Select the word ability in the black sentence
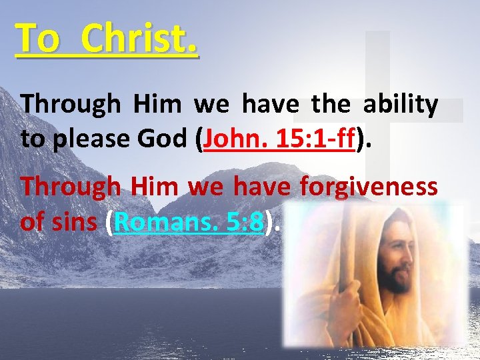(401, 105)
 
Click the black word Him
(157, 105)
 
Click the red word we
(206, 189)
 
